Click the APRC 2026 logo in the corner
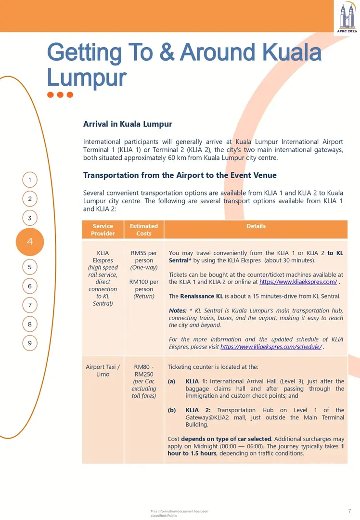click(x=346, y=17)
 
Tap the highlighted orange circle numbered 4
click(x=30, y=242)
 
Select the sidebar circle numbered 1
click(x=30, y=180)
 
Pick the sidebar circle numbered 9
click(x=30, y=343)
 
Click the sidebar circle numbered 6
click(x=30, y=286)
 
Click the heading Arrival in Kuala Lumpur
click(x=128, y=124)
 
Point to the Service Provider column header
click(x=103, y=230)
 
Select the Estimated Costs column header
click(x=143, y=230)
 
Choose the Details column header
click(x=256, y=226)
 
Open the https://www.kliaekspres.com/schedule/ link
click(x=271, y=347)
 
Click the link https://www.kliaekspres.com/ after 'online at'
click(x=298, y=282)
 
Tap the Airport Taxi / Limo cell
click(x=103, y=371)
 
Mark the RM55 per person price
click(x=144, y=257)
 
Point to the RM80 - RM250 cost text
click(x=144, y=371)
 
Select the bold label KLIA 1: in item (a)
click(x=196, y=381)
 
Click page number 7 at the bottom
click(x=349, y=511)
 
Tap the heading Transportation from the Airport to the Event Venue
click(x=180, y=175)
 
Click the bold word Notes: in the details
click(x=178, y=311)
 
